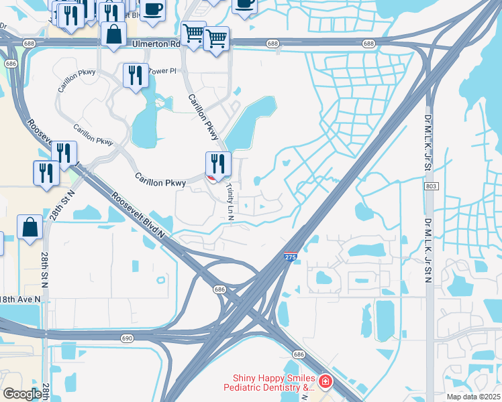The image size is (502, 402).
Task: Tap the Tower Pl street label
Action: tap(162, 70)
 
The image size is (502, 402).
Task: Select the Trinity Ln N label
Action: tap(230, 200)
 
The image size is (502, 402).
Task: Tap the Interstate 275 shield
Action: tap(290, 257)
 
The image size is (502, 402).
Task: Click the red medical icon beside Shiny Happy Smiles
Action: tap(325, 382)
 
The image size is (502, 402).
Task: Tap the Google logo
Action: tap(22, 393)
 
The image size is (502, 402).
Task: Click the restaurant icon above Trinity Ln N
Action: tap(218, 163)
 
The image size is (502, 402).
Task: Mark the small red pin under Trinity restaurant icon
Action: tap(211, 178)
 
